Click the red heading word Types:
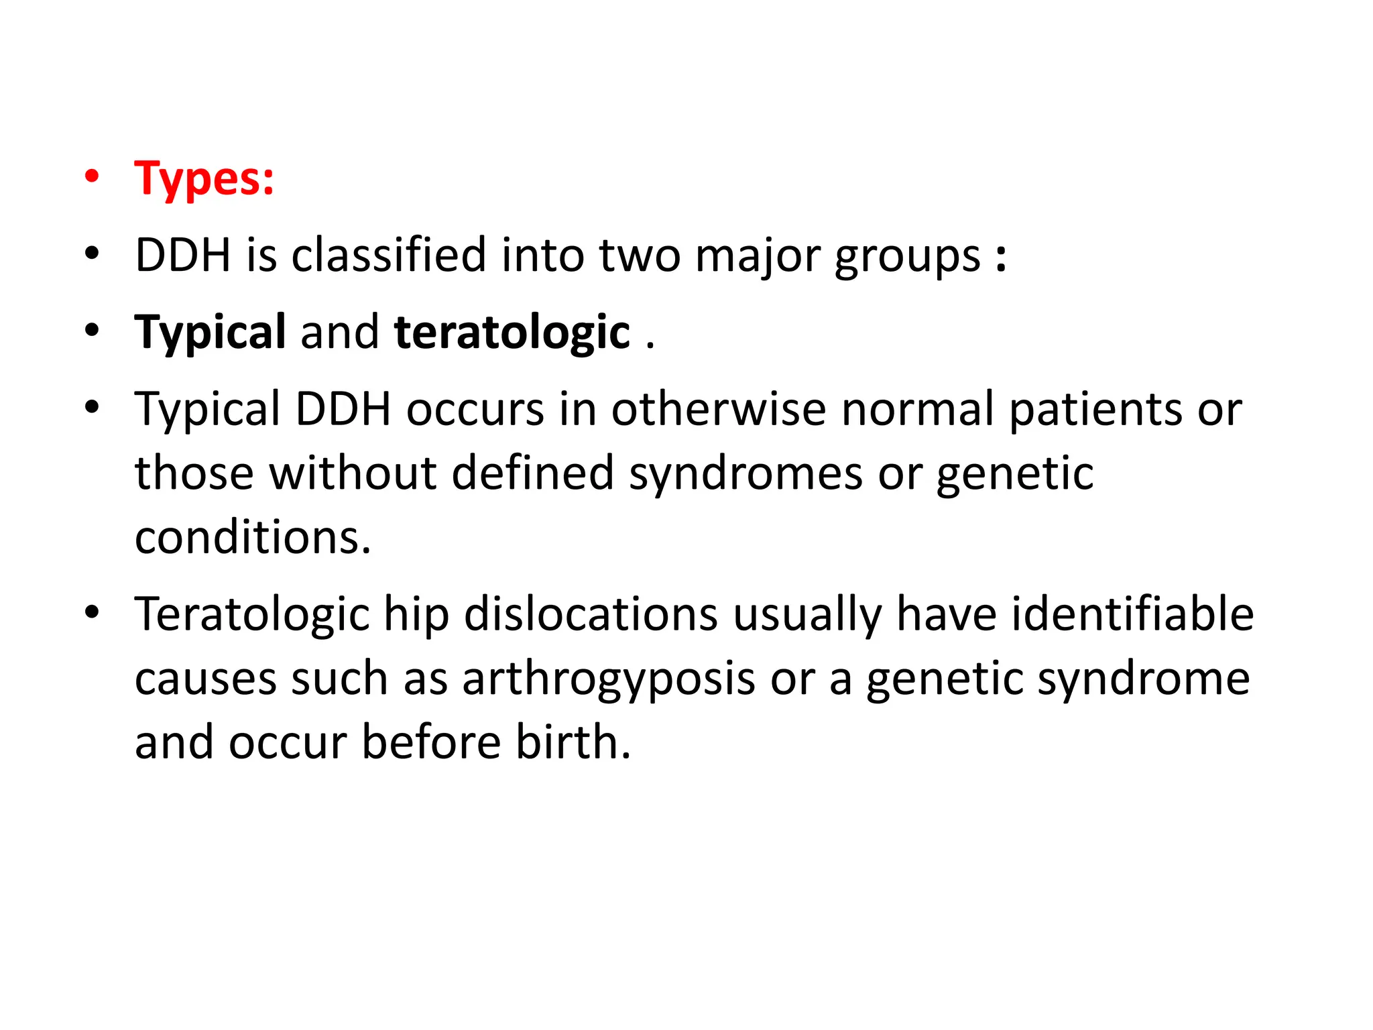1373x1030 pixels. point(204,179)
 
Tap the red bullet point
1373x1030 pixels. point(92,177)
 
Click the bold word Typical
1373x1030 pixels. point(211,333)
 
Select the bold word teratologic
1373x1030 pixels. point(512,333)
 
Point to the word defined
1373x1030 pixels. point(533,473)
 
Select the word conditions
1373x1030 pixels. point(253,538)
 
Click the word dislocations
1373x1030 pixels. point(591,614)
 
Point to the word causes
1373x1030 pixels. point(206,679)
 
